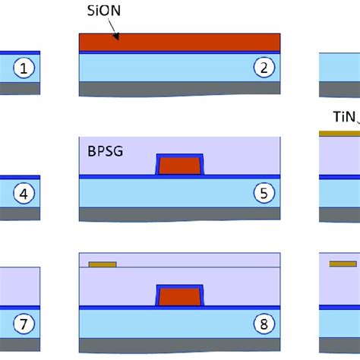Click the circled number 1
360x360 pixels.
(24, 69)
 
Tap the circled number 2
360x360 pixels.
(264, 68)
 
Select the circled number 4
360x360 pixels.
(24, 194)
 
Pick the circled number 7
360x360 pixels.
(24, 325)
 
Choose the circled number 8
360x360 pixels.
(264, 325)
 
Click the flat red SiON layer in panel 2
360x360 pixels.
(180, 43)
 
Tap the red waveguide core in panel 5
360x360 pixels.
(180, 165)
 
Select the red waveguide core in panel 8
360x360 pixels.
(180, 295)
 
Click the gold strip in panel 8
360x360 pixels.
(103, 264)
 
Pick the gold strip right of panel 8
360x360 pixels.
(342, 264)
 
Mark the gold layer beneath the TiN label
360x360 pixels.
(339, 132)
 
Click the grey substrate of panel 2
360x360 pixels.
(180, 89)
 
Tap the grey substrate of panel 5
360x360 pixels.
(180, 213)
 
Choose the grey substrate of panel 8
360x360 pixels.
(180, 346)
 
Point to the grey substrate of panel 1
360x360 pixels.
(20, 88)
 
